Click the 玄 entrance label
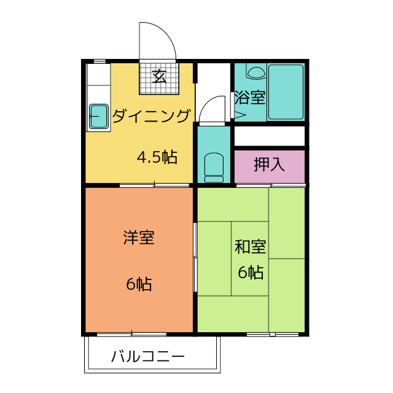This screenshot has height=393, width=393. click(x=160, y=77)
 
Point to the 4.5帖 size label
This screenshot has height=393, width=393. click(x=157, y=158)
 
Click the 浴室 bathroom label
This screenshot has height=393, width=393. click(x=250, y=97)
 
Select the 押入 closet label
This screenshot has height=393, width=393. click(x=270, y=164)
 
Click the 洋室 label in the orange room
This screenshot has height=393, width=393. click(x=139, y=238)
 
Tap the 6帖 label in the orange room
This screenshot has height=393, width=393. click(x=139, y=284)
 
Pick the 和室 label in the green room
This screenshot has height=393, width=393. click(x=250, y=247)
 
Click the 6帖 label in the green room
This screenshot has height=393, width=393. click(x=251, y=272)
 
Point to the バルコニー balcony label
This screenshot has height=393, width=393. click(x=148, y=356)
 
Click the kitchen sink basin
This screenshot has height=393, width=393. click(x=99, y=117)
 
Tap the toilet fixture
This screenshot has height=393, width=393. click(x=214, y=167)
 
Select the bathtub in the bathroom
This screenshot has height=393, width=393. click(x=286, y=92)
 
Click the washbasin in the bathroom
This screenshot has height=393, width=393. click(x=255, y=72)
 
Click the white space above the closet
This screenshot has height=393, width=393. click(x=270, y=136)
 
